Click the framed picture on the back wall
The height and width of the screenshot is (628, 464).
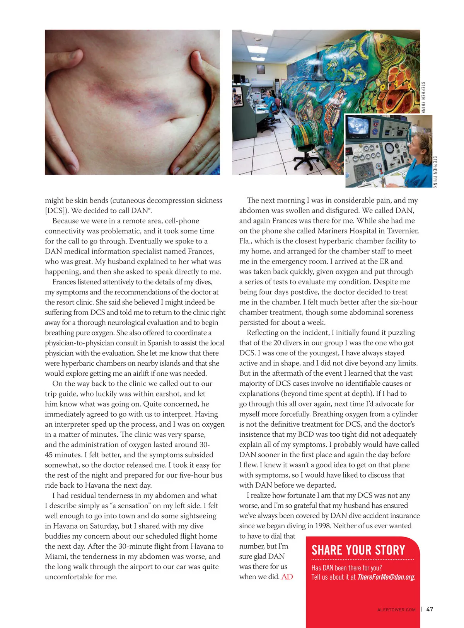click(x=261, y=69)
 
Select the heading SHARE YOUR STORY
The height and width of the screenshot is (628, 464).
click(x=358, y=550)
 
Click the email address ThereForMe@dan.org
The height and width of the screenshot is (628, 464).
click(x=386, y=577)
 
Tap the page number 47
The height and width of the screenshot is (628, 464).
click(x=430, y=609)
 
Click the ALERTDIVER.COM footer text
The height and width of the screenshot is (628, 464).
click(x=396, y=610)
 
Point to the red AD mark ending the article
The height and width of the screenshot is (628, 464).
click(x=287, y=577)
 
